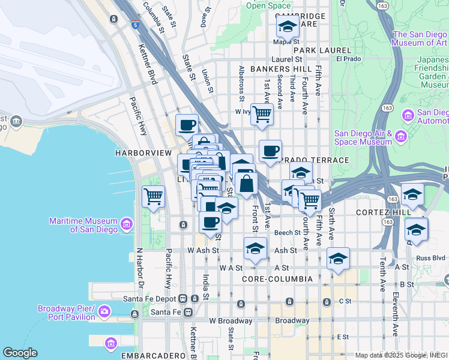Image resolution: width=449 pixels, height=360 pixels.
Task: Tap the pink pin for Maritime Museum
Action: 127,225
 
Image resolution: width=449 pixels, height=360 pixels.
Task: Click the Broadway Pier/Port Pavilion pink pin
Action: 104,312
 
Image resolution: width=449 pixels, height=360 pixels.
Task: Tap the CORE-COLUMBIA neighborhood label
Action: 277,280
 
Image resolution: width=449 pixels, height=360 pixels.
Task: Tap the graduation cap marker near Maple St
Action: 288,26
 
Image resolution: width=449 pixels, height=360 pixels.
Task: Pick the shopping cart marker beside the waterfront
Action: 154,195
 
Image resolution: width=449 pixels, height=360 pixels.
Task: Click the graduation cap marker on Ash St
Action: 255,248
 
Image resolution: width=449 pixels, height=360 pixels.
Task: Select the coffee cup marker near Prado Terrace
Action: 270,150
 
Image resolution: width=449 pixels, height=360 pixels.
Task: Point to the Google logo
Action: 20,353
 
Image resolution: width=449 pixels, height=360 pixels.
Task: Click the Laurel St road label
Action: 286,59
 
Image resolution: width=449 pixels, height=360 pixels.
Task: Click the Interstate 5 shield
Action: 136,25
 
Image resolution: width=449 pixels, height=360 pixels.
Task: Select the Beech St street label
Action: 288,233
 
